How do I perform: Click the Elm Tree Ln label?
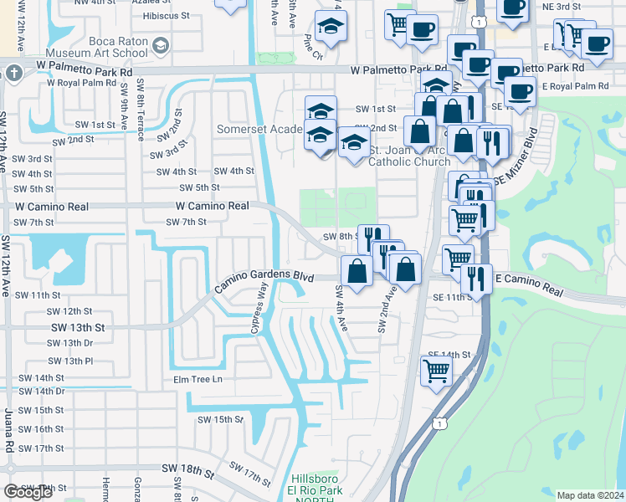click(x=198, y=379)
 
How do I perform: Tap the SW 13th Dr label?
click(x=69, y=343)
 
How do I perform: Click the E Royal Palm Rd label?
click(x=575, y=86)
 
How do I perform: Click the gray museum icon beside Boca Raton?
click(x=161, y=44)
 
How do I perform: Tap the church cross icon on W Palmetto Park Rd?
click(x=14, y=73)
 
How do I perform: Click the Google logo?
click(x=28, y=492)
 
